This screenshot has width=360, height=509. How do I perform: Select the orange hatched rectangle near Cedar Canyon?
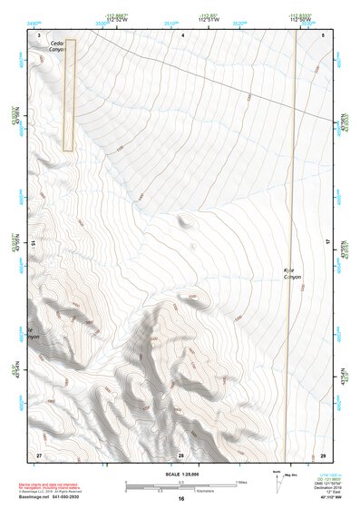[x=69, y=94]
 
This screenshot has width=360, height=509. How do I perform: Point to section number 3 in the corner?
[x=39, y=34]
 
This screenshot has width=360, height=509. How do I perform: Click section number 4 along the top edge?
[x=183, y=34]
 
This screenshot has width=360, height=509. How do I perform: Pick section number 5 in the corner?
[x=324, y=34]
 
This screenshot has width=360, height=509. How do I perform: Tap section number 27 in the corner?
[x=39, y=454]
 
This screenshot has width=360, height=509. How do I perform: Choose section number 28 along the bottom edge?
[x=181, y=454]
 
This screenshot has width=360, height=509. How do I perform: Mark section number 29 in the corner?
[x=323, y=454]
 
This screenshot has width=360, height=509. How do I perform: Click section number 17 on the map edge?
[x=327, y=243]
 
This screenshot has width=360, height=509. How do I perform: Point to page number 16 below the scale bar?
[x=181, y=499]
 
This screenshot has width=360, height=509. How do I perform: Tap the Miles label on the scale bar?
[x=241, y=480]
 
